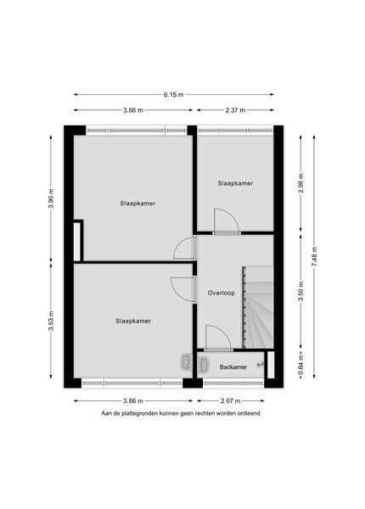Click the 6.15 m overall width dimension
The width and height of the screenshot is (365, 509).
click(x=173, y=94)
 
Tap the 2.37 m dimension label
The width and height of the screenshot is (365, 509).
click(x=235, y=110)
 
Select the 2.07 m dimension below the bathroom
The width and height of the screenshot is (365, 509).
click(x=231, y=401)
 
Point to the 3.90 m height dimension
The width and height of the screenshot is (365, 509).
click(x=51, y=198)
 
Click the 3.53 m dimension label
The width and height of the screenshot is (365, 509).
click(x=51, y=321)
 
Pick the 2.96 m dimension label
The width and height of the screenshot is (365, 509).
click(x=301, y=183)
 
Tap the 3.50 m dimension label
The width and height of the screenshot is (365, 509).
click(x=301, y=291)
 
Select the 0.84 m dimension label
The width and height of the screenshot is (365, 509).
click(x=301, y=365)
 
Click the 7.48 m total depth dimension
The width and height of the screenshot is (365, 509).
click(x=314, y=257)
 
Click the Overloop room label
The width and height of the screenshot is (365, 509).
click(x=222, y=294)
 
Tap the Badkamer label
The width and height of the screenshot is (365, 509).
click(x=233, y=367)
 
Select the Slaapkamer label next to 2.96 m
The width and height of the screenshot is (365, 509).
click(x=235, y=183)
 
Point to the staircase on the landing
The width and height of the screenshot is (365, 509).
click(x=258, y=307)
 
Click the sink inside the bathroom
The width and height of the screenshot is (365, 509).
click(x=204, y=365)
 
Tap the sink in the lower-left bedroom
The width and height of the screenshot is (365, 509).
click(x=187, y=361)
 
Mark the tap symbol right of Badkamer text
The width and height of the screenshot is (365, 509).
click(x=261, y=365)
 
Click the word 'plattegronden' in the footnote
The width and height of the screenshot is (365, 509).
click(x=140, y=414)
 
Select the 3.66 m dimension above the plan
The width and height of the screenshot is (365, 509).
click(x=133, y=110)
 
